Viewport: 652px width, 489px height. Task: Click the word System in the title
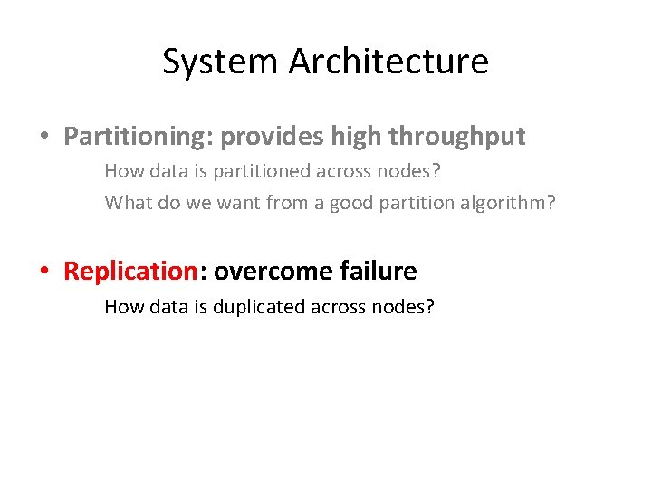pyautogui.click(x=221, y=62)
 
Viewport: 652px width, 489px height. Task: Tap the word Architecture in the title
pyautogui.click(x=388, y=62)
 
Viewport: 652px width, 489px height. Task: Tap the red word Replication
pyautogui.click(x=129, y=271)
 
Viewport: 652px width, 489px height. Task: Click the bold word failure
pyautogui.click(x=379, y=271)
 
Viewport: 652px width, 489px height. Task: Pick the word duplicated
pyautogui.click(x=260, y=306)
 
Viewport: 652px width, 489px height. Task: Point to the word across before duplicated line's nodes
pyautogui.click(x=340, y=306)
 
